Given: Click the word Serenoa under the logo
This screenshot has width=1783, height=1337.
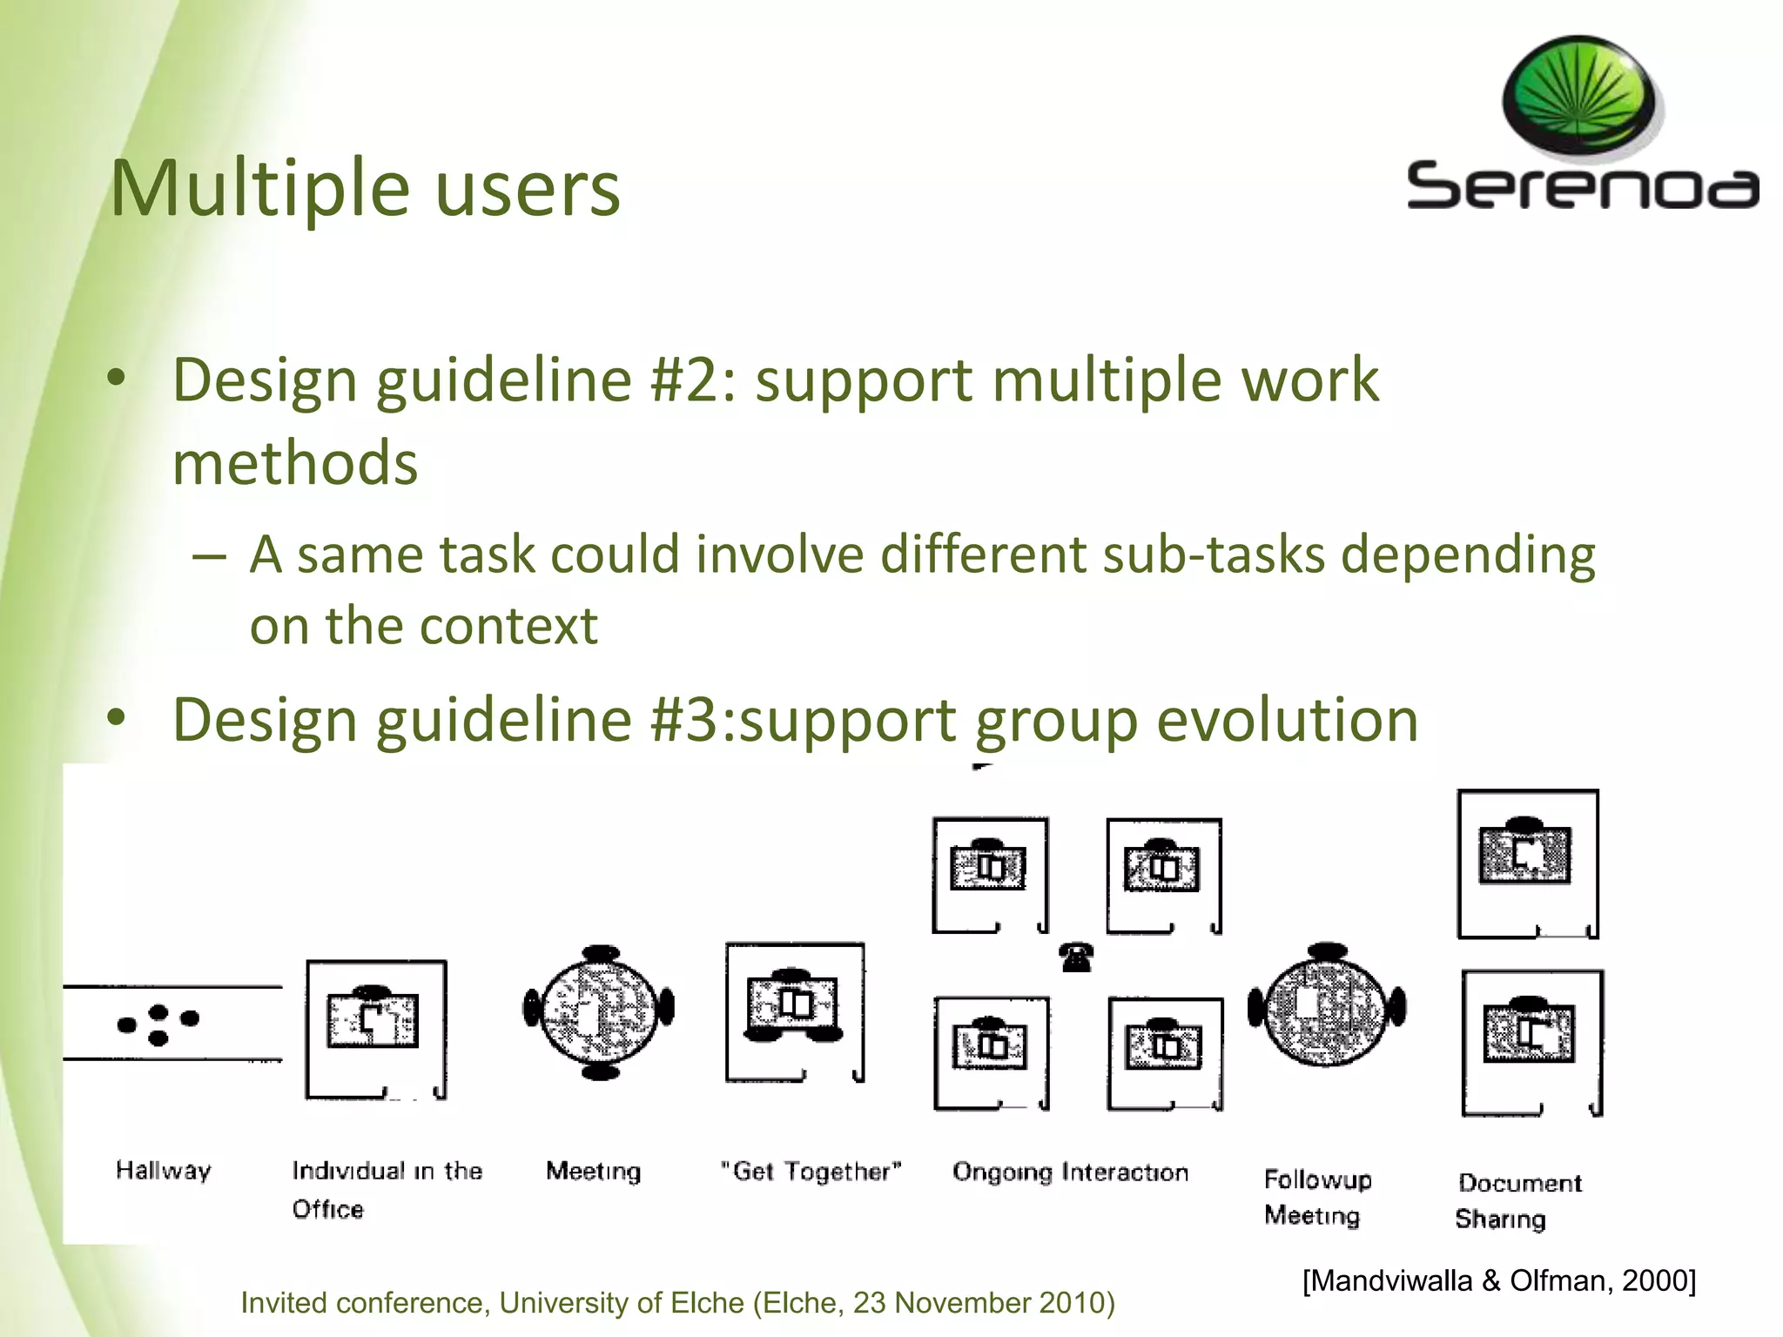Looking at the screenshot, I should point(1582,185).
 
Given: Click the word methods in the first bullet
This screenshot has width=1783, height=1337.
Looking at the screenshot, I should point(295,462).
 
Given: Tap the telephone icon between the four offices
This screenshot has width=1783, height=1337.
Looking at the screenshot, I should point(1077,957).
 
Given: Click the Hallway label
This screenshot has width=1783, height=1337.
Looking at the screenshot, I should point(164,1170).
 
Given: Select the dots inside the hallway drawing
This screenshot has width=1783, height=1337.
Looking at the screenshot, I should point(158,1024).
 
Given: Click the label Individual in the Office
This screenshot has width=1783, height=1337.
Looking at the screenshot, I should point(386,1189).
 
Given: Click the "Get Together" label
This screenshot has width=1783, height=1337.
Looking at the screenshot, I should point(811,1172).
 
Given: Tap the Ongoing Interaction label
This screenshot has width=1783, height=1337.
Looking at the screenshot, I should point(1070,1172).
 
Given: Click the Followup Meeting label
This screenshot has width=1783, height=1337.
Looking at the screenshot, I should point(1316,1197).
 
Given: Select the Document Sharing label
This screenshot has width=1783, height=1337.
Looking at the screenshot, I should point(1518,1200).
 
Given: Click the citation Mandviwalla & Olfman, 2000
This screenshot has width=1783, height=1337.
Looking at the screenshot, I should point(1498,1280).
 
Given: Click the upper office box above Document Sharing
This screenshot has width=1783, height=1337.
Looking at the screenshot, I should point(1527,863).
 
